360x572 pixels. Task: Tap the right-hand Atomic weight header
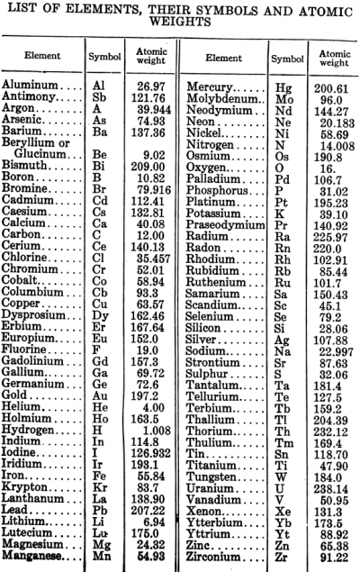pos(334,58)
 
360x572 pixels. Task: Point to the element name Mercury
pos(210,85)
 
